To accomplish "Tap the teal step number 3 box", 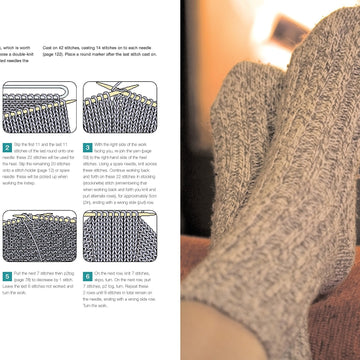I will (x=86, y=147).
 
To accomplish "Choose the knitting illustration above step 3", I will (x=119, y=108).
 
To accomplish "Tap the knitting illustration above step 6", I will (x=119, y=238).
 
